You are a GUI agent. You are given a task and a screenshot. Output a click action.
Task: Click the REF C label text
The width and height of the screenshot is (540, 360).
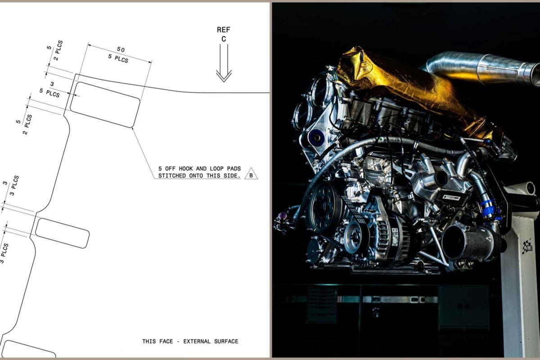coord(224,34)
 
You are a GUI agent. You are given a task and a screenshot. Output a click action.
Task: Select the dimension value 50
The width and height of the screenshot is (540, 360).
coord(121,49)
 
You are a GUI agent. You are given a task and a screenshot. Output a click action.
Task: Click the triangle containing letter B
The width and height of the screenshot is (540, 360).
coord(251,174)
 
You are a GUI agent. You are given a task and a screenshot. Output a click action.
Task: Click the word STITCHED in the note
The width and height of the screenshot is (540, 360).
coord(172,176)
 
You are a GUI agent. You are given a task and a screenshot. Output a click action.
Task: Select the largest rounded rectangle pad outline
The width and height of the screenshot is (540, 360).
coord(105,104)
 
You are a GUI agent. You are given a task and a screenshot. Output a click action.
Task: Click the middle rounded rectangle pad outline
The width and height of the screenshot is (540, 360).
coord(63,233)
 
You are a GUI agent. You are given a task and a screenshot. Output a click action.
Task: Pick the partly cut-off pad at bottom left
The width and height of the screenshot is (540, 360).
coord(28,349)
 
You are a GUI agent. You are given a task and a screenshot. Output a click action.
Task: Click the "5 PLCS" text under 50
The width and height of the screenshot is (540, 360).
coord(118,58)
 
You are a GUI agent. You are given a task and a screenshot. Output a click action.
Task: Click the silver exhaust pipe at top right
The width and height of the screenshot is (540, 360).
coord(482,67)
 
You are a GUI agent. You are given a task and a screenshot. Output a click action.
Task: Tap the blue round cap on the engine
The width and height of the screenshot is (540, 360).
coord(316,137)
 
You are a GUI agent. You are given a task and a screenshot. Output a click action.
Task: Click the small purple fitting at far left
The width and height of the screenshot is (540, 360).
coord(281,214)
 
